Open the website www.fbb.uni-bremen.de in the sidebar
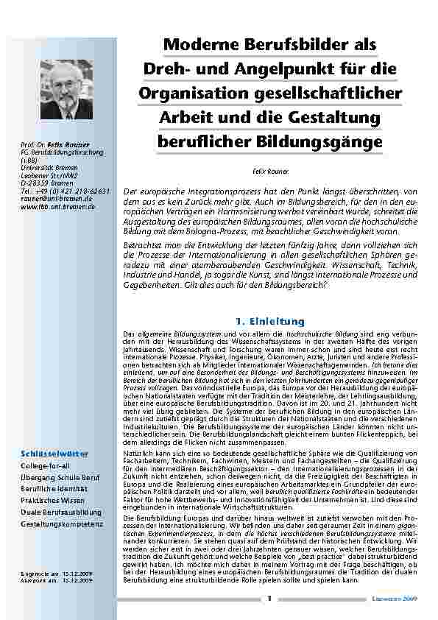point(58,207)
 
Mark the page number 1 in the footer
point(270,597)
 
